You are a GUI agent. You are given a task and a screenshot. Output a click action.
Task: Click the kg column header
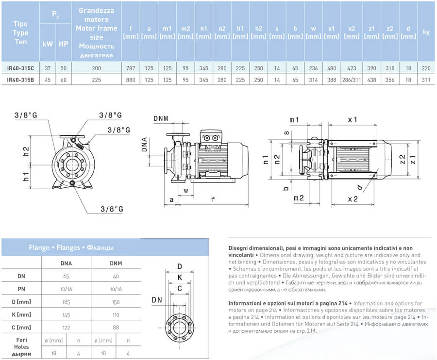point(426,33)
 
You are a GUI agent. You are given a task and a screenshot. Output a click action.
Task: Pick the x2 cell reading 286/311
point(352,79)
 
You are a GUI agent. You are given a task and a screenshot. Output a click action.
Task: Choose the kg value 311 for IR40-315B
point(426,79)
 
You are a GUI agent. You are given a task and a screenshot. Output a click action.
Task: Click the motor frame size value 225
point(97,79)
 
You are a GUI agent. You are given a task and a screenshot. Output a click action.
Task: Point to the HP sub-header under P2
point(63,43)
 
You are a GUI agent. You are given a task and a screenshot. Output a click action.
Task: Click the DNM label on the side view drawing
point(161,118)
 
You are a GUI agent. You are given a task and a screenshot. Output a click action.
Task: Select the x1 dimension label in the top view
point(353,119)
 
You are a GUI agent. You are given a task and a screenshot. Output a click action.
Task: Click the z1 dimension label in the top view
point(413,158)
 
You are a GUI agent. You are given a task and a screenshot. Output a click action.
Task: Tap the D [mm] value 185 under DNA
point(66,302)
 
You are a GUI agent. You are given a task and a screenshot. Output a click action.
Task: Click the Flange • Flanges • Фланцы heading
point(71,247)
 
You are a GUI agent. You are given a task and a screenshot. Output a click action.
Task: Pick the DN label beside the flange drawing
point(156,300)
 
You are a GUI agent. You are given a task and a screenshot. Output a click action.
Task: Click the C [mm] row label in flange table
point(21,327)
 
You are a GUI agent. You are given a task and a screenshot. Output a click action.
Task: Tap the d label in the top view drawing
point(359,187)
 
